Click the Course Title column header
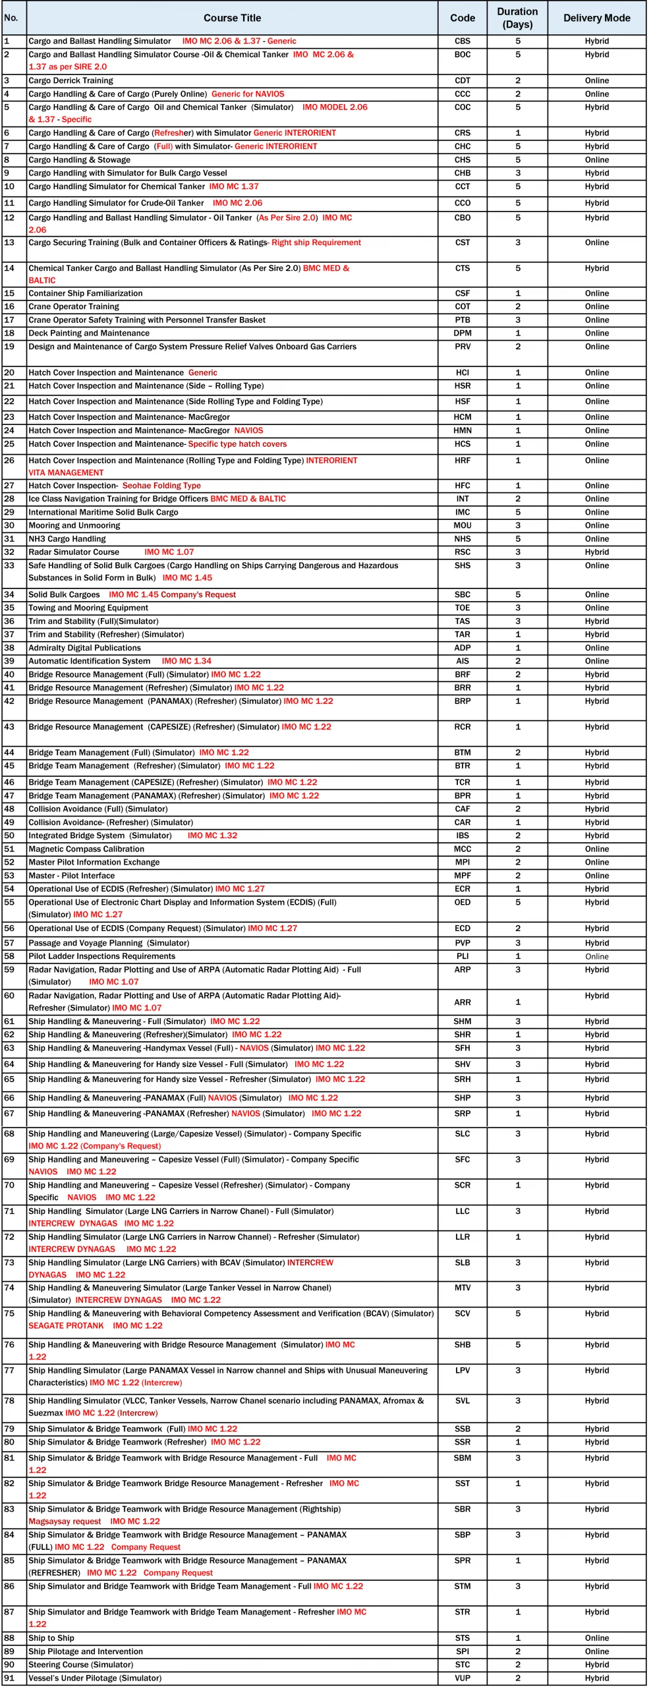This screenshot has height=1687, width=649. tap(232, 18)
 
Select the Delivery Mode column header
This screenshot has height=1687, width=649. tap(596, 18)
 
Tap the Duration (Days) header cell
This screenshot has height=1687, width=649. tap(517, 18)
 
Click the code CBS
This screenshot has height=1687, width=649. tap(463, 41)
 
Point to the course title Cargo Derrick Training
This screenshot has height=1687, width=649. tap(71, 80)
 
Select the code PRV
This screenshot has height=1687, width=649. tap(463, 347)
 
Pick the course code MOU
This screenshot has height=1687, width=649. tap(463, 526)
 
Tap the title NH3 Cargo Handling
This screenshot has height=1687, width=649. tap(67, 539)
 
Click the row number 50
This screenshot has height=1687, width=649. tap(9, 836)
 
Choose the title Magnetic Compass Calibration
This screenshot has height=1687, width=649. tap(86, 849)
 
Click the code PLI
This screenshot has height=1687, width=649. tap(463, 956)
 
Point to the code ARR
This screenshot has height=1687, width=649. tap(463, 1002)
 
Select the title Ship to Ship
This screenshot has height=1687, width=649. tap(51, 1638)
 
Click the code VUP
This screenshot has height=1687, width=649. tap(463, 1678)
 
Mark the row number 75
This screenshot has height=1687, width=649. tap(9, 1313)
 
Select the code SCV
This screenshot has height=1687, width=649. tap(463, 1313)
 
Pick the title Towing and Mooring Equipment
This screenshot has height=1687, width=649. tap(88, 608)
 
